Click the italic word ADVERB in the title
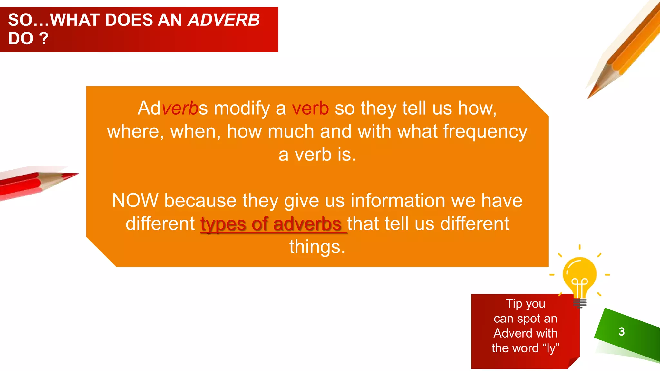pyautogui.click(x=224, y=20)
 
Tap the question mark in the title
pyautogui.click(x=44, y=39)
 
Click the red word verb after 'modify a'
pyautogui.click(x=310, y=108)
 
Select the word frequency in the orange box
pyautogui.click(x=485, y=132)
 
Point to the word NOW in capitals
pyautogui.click(x=135, y=200)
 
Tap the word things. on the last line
pyautogui.click(x=317, y=247)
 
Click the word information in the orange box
pyautogui.click(x=398, y=200)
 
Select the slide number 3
pyautogui.click(x=622, y=331)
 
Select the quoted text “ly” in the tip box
pyautogui.click(x=551, y=348)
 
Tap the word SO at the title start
pyautogui.click(x=20, y=20)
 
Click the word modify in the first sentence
pyautogui.click(x=242, y=108)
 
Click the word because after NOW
pyautogui.click(x=200, y=200)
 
